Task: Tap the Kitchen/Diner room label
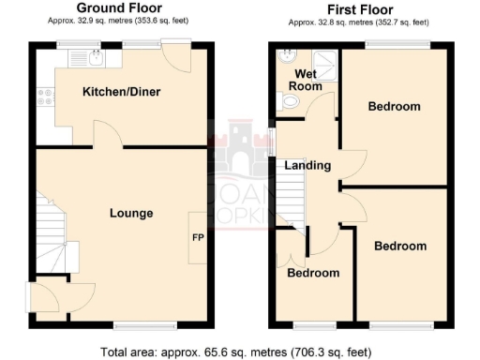tap(121, 92)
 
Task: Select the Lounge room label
tap(131, 213)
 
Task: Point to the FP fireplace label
tap(198, 237)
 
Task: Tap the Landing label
tap(308, 166)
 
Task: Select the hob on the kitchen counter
tap(44, 97)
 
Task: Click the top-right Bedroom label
tap(394, 106)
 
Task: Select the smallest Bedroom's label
tap(312, 273)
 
